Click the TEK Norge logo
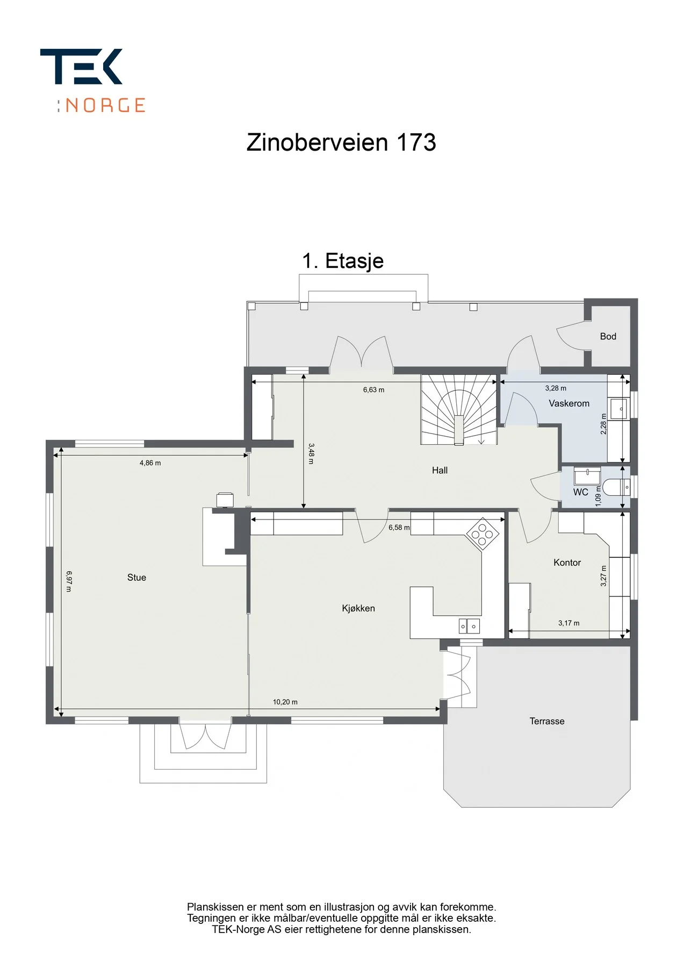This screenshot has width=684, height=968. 93,81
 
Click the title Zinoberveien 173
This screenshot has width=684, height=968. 341,143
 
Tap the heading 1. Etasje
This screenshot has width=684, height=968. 343,261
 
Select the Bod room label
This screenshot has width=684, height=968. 608,337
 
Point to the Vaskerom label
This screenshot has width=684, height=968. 569,403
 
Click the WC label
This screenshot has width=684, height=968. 580,492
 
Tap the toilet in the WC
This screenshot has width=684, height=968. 616,487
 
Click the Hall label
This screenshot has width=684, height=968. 440,471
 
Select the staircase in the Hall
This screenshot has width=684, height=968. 459,410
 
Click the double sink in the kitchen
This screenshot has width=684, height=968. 469,626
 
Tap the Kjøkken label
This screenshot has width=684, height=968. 358,608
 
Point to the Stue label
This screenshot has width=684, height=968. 136,578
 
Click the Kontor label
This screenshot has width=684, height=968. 567,563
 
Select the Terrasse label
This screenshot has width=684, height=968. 547,721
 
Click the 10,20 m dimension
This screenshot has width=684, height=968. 285,702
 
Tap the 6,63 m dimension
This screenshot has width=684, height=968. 373,390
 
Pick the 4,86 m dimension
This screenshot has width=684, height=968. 150,463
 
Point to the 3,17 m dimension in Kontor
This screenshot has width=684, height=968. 568,623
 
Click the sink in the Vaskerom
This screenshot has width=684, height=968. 618,409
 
